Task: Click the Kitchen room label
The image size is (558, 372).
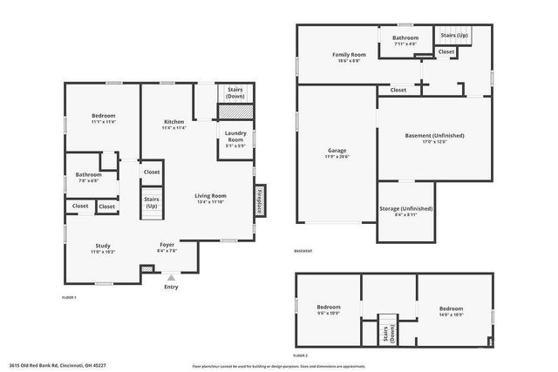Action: tap(174, 124)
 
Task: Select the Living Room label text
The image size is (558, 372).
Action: tap(210, 199)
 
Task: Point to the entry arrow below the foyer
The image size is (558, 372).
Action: tap(171, 278)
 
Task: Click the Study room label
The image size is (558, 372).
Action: tap(103, 249)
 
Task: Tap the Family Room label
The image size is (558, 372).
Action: tap(349, 57)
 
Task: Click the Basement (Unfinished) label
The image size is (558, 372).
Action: tap(435, 139)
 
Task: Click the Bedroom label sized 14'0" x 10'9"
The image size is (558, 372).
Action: tap(451, 311)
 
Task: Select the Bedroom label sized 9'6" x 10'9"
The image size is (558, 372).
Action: tap(328, 311)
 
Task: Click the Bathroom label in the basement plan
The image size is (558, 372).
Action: tap(405, 40)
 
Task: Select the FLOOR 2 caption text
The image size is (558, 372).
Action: tap(301, 356)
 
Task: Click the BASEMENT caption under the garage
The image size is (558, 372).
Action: tap(303, 251)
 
